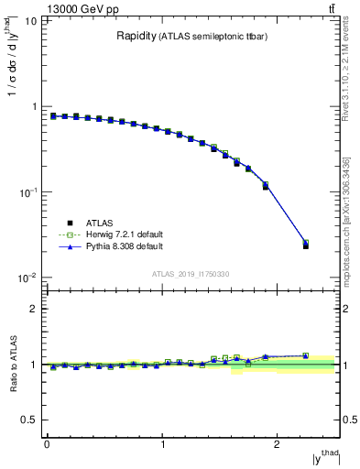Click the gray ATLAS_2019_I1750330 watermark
[x=191, y=274]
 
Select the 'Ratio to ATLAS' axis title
[x=14, y=365]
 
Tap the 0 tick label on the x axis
[x=47, y=444]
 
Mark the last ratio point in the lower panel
[x=306, y=355]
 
